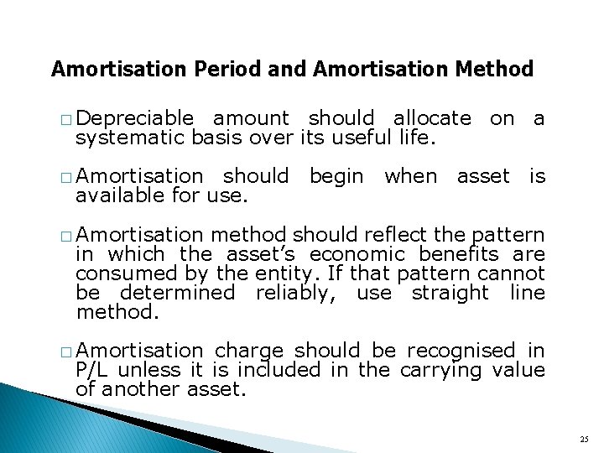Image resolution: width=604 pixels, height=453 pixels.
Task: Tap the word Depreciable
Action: [x=138, y=119]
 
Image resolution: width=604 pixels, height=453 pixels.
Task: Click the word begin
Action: [x=336, y=177]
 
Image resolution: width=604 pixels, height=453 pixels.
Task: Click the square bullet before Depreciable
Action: [x=66, y=120]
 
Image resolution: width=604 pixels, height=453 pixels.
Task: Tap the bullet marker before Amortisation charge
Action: [x=66, y=351]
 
